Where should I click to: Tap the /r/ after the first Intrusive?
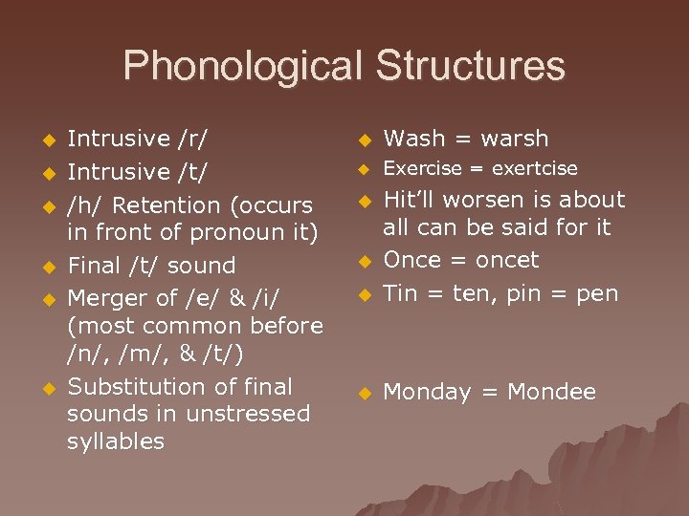tap(193, 140)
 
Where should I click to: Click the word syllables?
tap(116, 441)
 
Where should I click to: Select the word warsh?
tap(515, 140)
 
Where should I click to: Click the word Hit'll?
tap(411, 200)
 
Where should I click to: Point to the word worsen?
tap(484, 200)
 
